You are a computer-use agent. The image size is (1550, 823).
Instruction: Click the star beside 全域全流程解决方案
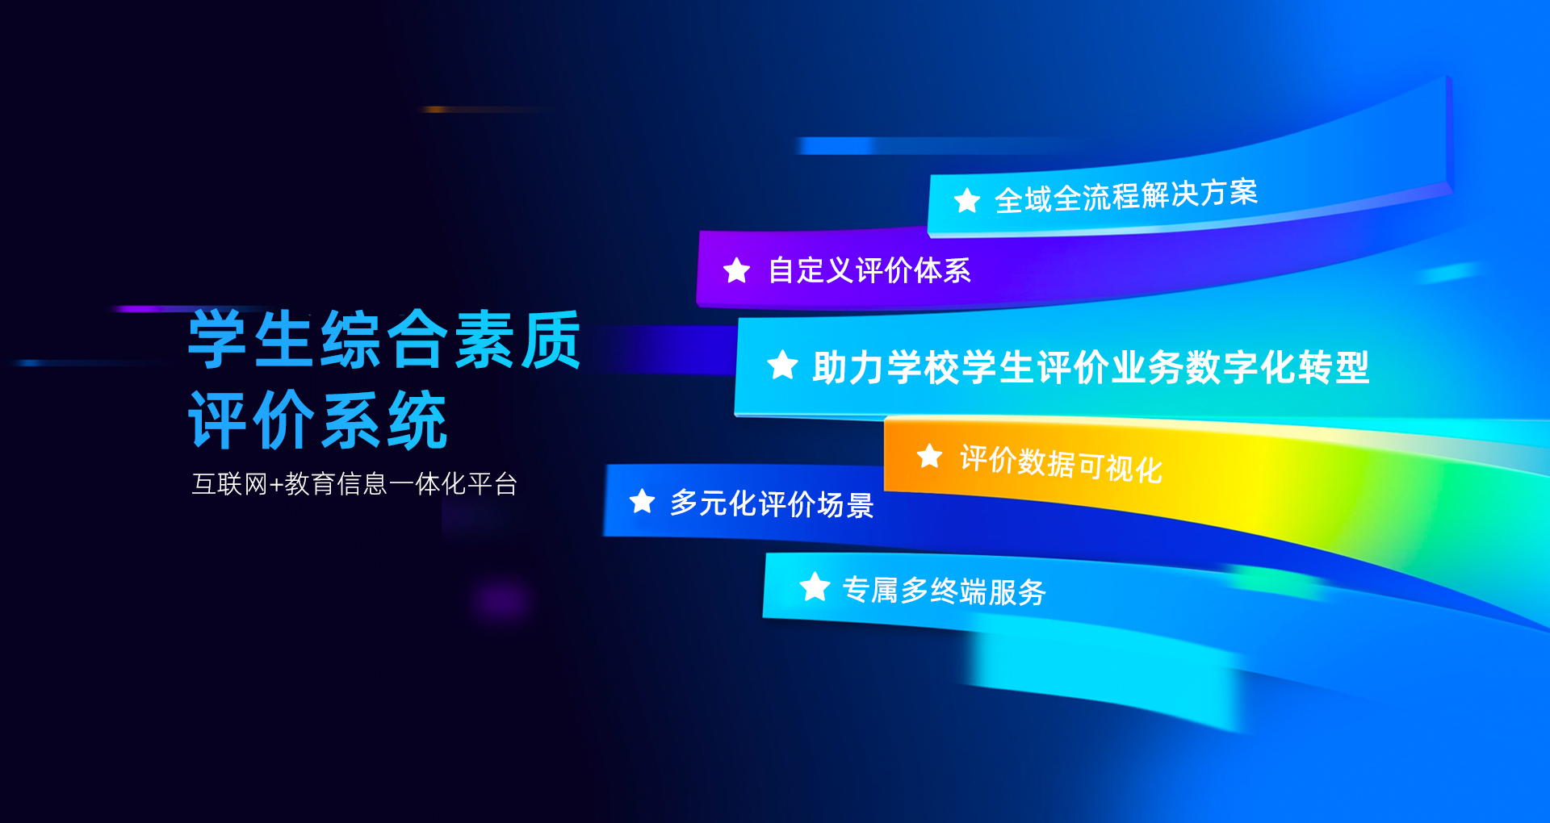click(x=966, y=200)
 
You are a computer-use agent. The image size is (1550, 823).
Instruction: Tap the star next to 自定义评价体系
click(x=736, y=270)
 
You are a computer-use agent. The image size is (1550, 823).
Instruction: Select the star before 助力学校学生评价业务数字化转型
click(x=782, y=366)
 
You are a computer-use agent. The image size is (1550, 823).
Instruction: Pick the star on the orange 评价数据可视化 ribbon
click(x=929, y=456)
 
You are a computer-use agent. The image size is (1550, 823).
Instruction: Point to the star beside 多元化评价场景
click(x=642, y=501)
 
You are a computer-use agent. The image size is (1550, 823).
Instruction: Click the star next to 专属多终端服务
click(x=815, y=587)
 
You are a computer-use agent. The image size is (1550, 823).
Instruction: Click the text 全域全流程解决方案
click(x=1126, y=196)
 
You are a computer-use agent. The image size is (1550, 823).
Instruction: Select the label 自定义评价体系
click(x=869, y=270)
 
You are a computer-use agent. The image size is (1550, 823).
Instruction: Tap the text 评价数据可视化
click(x=1061, y=464)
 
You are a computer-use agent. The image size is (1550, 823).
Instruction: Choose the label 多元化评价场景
click(x=772, y=504)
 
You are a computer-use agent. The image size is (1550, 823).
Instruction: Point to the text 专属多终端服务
click(x=944, y=591)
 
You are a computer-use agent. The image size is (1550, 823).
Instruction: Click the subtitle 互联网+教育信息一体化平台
click(x=354, y=484)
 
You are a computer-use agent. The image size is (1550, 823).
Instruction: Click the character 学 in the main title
click(x=217, y=340)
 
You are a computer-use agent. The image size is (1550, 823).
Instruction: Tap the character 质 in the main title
click(x=551, y=340)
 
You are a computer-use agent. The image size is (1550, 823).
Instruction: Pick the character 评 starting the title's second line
click(x=217, y=420)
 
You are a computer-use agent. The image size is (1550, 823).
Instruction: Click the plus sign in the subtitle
click(x=275, y=485)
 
